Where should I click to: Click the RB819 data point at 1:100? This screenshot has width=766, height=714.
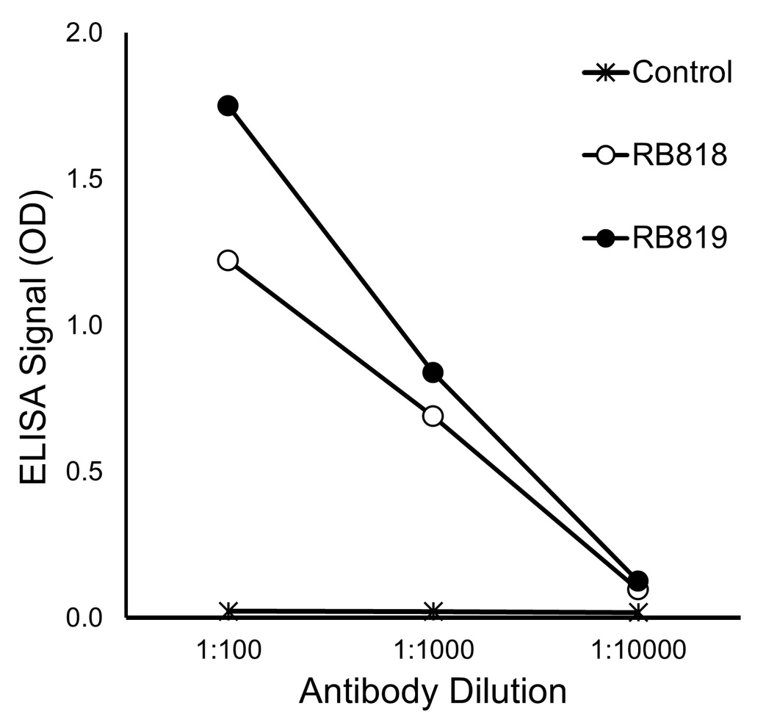228,105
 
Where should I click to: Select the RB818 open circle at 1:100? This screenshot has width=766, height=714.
228,260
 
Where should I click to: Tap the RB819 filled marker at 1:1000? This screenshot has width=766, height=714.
433,372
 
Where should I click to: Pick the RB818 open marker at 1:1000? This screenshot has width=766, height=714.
433,416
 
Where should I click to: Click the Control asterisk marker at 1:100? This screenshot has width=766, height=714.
228,611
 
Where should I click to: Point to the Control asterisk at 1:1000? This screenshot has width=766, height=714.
433,611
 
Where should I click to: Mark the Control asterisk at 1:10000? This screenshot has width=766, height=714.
637,612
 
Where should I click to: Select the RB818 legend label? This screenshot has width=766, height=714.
679,156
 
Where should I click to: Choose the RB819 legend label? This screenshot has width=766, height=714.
679,239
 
